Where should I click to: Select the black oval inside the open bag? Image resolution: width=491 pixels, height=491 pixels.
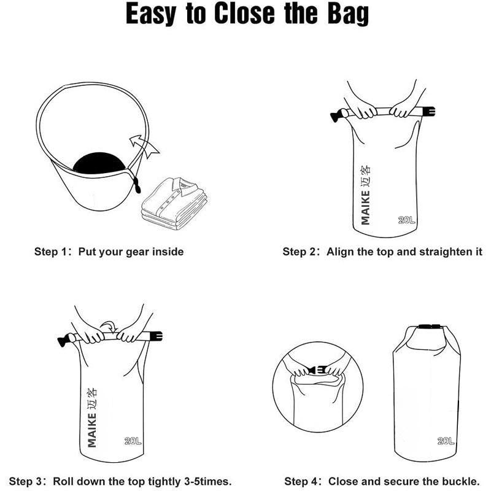pyautogui.click(x=100, y=163)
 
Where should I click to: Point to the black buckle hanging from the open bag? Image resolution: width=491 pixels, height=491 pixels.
pyautogui.click(x=136, y=184)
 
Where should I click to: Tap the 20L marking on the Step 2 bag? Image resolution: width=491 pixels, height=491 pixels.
pyautogui.click(x=406, y=220)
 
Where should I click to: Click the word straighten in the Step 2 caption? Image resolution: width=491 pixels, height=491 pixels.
pyautogui.click(x=444, y=252)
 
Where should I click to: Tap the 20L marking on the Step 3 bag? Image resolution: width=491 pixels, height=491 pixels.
pyautogui.click(x=132, y=441)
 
